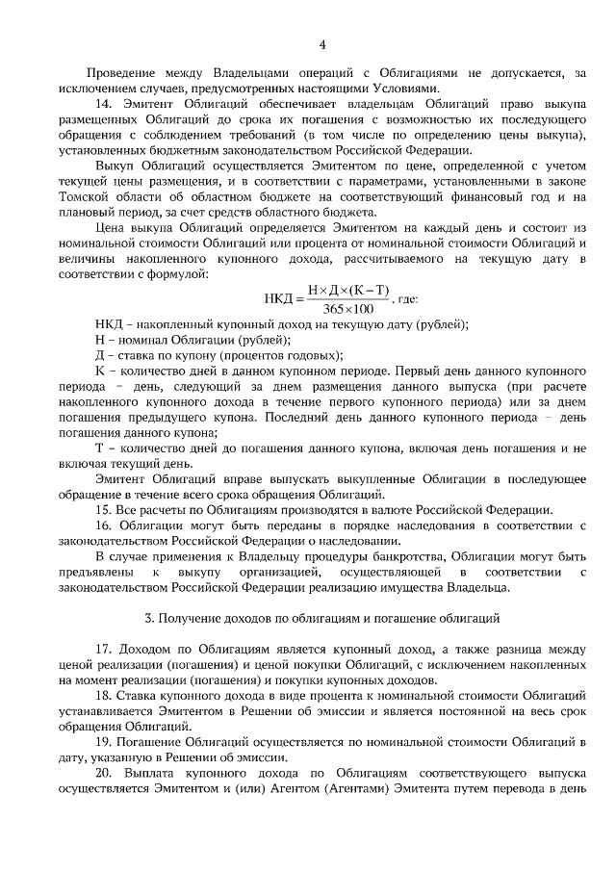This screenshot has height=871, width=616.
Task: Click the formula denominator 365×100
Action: (x=347, y=308)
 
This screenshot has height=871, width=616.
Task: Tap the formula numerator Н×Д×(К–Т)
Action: (x=347, y=290)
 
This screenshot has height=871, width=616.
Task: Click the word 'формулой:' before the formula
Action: (x=174, y=274)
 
